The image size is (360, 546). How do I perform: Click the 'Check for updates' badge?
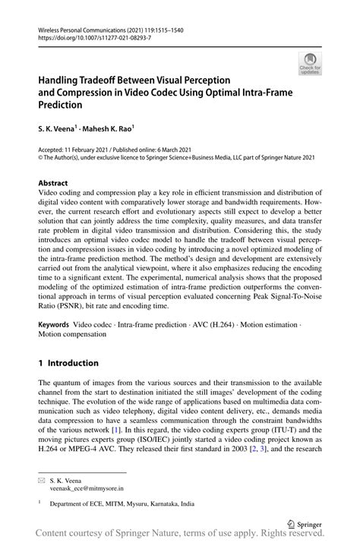click(310, 64)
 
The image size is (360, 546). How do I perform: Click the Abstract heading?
click(52, 183)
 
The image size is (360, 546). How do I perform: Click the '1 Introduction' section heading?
click(68, 363)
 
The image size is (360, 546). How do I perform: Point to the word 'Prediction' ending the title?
click(63, 106)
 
